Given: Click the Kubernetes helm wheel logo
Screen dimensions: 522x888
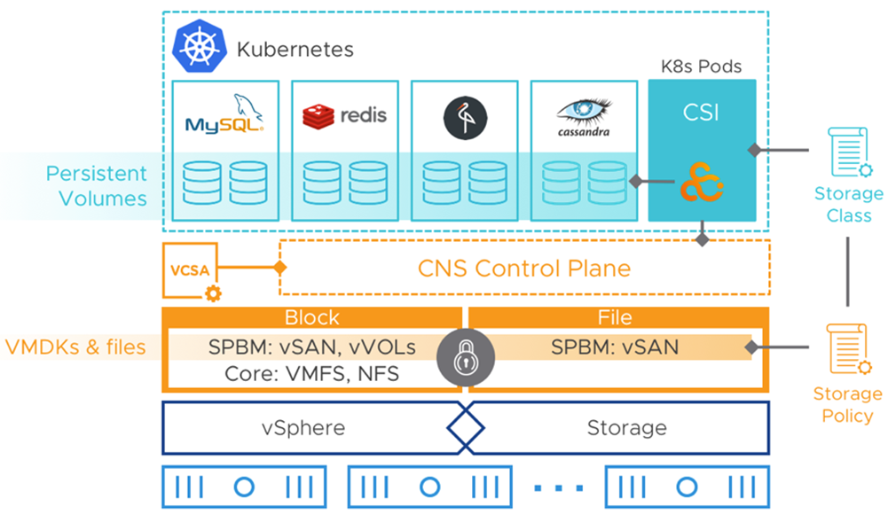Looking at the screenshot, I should pyautogui.click(x=200, y=47).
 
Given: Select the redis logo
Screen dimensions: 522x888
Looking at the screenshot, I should pyautogui.click(x=345, y=115).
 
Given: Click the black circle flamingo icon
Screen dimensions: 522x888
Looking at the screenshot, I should pyautogui.click(x=464, y=117).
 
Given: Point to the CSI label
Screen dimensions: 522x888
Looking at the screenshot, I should pyautogui.click(x=702, y=113).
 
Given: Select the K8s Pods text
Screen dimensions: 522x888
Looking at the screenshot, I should pyautogui.click(x=702, y=66).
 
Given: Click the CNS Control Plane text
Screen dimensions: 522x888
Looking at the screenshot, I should pyautogui.click(x=524, y=268).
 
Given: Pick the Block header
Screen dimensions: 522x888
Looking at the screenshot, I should pyautogui.click(x=311, y=317).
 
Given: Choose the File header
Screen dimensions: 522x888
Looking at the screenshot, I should pyautogui.click(x=615, y=317).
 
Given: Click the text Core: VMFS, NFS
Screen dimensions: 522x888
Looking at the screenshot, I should pyautogui.click(x=311, y=374).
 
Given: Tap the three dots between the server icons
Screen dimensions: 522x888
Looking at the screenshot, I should pyautogui.click(x=559, y=487).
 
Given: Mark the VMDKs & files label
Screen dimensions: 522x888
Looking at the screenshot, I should pyautogui.click(x=75, y=347).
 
